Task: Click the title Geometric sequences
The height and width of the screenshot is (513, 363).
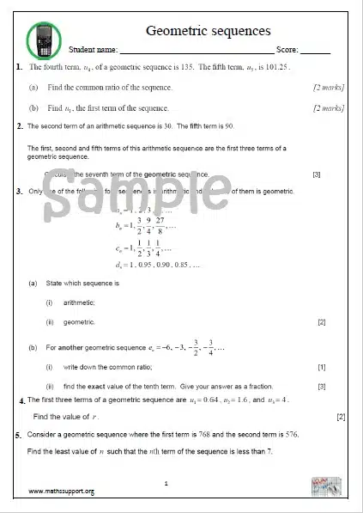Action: pyautogui.click(x=209, y=32)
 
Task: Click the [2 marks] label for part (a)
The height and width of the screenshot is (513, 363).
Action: pyautogui.click(x=329, y=88)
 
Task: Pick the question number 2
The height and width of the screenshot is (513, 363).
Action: pyautogui.click(x=20, y=126)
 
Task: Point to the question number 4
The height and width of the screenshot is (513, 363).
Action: pyautogui.click(x=21, y=402)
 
